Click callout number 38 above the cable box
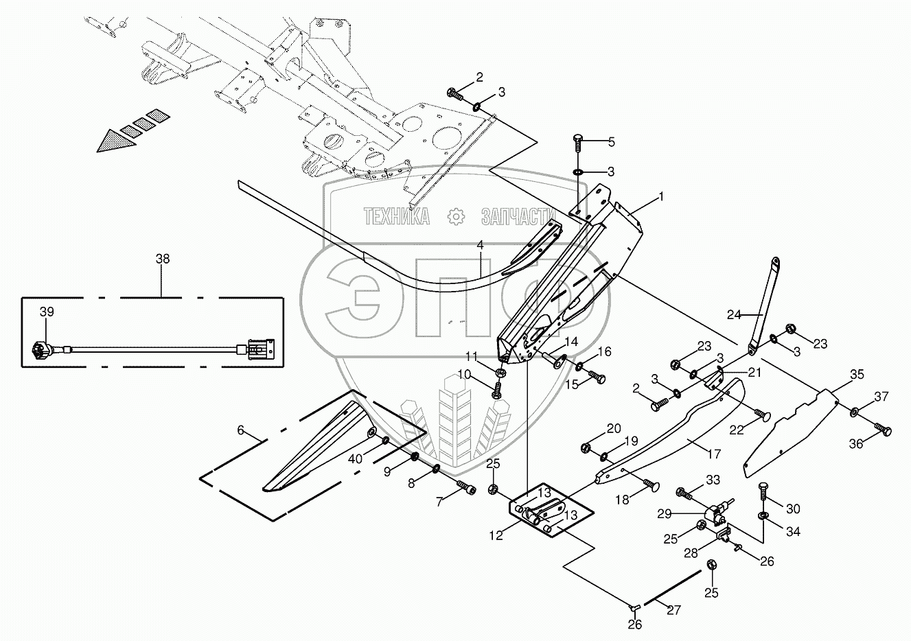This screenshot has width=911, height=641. pos(162,259)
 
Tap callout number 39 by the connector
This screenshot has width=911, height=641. pos(47,312)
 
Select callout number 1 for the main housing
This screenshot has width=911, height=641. pos(660,196)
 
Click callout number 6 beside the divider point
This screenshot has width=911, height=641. pos(240,430)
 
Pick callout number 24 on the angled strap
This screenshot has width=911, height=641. pos(734,315)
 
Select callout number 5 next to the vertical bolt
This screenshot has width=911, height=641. pos(611,142)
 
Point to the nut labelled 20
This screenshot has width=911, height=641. pos(586,448)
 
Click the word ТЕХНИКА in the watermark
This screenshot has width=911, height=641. pos(397,217)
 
